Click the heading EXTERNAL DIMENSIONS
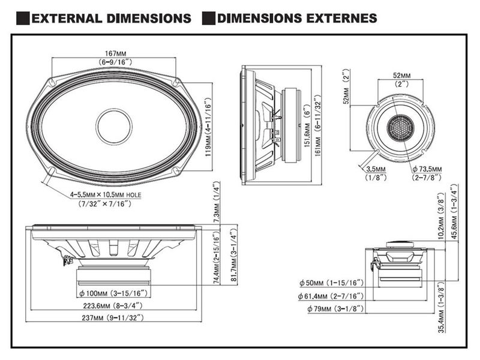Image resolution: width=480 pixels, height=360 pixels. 111,18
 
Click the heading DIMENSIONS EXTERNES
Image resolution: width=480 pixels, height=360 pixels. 298,18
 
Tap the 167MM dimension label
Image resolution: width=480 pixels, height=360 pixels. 114,53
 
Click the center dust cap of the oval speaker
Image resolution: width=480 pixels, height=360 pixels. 114,127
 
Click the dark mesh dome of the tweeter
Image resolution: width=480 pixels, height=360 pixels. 398,128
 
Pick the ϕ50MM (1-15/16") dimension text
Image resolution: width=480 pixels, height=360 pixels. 331,283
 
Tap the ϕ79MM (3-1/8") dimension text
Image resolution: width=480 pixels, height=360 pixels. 331,309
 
